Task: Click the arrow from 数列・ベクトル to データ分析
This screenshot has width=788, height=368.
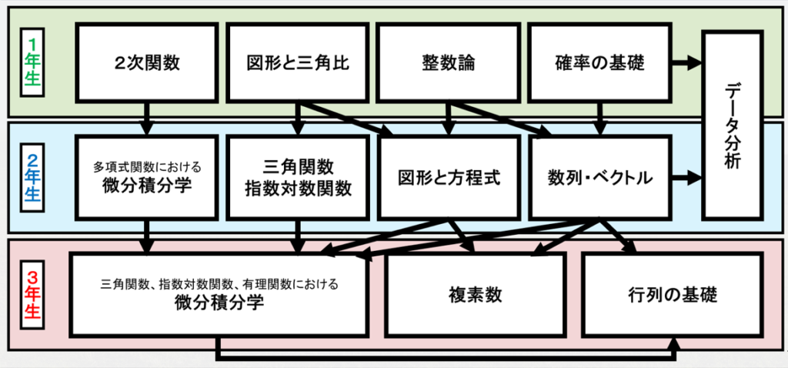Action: (x=687, y=179)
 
